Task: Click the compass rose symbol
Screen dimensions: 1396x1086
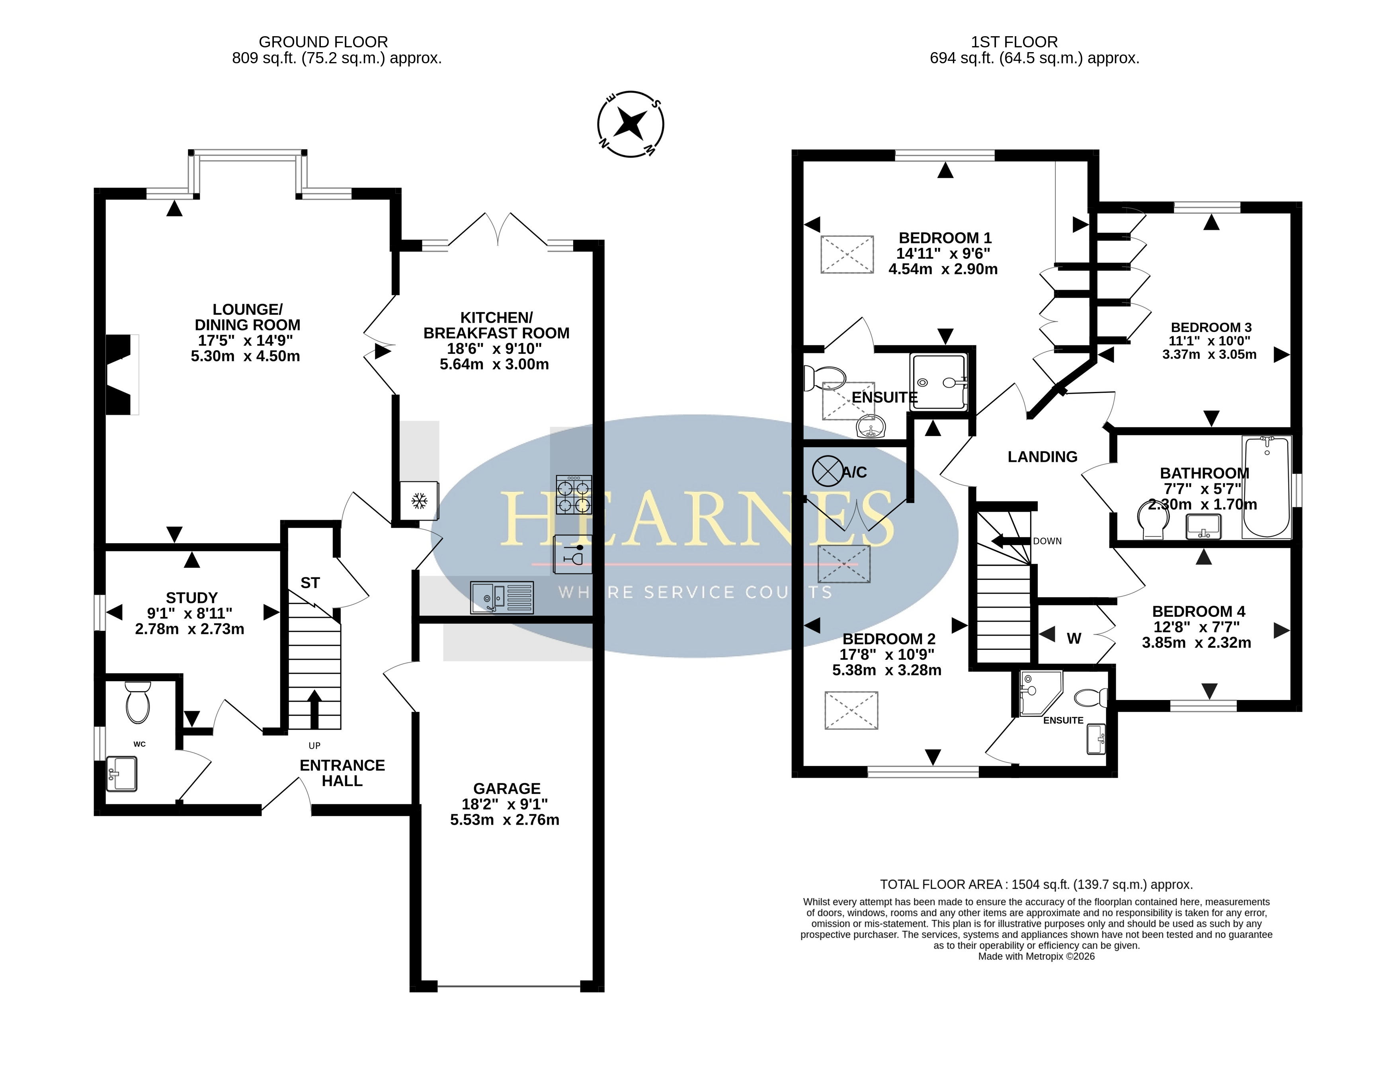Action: point(630,124)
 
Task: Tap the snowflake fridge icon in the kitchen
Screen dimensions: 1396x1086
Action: point(419,501)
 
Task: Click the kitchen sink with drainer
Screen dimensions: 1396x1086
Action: point(502,597)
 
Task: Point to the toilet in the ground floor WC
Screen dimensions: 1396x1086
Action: point(137,702)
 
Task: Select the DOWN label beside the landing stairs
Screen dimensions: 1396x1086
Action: point(1047,541)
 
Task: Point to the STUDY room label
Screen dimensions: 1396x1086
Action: point(192,598)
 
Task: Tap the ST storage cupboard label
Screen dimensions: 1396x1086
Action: point(310,583)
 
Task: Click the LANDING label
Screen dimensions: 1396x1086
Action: point(1043,456)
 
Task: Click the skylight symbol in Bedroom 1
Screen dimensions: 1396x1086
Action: point(847,254)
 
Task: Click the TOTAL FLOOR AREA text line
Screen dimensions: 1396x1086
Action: point(1036,885)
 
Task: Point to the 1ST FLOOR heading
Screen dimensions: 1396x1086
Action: point(1014,42)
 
